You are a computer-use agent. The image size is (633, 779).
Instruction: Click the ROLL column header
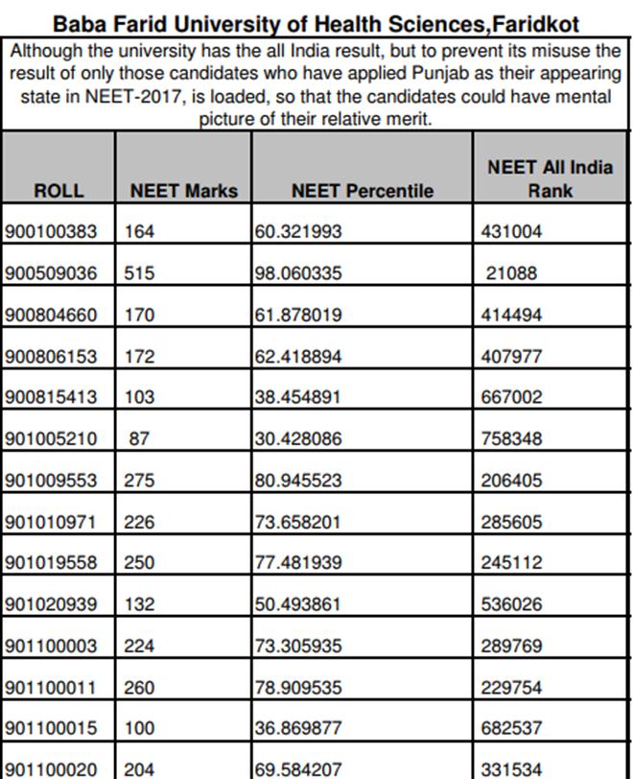59,191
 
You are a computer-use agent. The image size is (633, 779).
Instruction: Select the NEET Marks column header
183,191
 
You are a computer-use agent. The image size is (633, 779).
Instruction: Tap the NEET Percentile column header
362,191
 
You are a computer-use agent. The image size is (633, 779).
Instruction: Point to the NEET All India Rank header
550,178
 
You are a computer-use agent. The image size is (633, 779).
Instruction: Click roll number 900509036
51,273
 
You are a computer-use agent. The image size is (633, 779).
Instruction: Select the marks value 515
139,273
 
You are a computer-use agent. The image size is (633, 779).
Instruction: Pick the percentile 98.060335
297,273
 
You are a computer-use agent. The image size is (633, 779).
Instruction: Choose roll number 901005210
51,439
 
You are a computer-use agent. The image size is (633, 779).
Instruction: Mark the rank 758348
511,439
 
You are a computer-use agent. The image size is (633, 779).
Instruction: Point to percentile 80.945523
297,481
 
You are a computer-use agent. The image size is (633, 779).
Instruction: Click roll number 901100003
51,646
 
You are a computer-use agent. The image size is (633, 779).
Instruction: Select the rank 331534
511,769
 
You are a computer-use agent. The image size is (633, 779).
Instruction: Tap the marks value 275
139,481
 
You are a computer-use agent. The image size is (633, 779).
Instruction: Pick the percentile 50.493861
297,604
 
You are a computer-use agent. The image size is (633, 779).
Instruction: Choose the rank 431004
511,231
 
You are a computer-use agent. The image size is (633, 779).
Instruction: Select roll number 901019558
51,563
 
